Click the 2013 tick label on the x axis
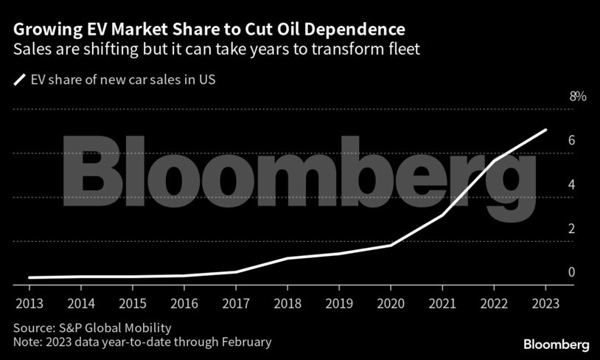coord(29,303)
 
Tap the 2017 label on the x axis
coord(235,303)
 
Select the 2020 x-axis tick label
coord(390,303)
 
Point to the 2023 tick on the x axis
coord(545,303)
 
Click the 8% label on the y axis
coord(577,97)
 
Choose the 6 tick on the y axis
coord(571,141)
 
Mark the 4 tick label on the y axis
coord(571,184)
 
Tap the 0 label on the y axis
coord(571,272)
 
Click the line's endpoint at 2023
coord(545,130)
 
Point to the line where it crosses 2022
coord(493,160)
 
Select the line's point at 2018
coord(287,258)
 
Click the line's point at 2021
coord(442,215)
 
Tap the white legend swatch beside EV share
coord(18,80)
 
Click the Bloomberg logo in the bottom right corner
coord(556,345)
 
